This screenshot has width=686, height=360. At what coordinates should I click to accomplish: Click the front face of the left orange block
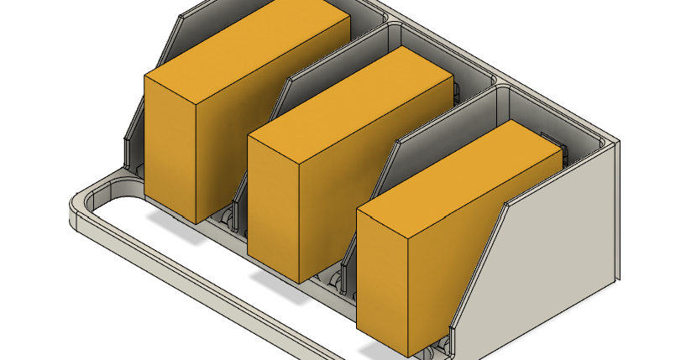(x=170, y=148)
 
